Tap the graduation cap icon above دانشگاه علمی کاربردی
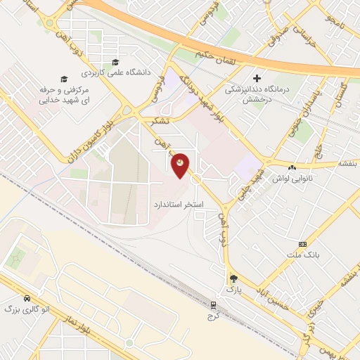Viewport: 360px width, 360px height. pos(112,61)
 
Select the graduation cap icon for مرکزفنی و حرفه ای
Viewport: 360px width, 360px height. pos(63,79)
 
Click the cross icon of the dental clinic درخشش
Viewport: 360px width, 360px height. pos(257,78)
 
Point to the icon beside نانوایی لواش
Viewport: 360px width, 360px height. pos(291,167)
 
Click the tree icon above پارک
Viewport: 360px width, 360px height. pos(233,278)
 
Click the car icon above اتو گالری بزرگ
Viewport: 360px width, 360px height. pos(26,298)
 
